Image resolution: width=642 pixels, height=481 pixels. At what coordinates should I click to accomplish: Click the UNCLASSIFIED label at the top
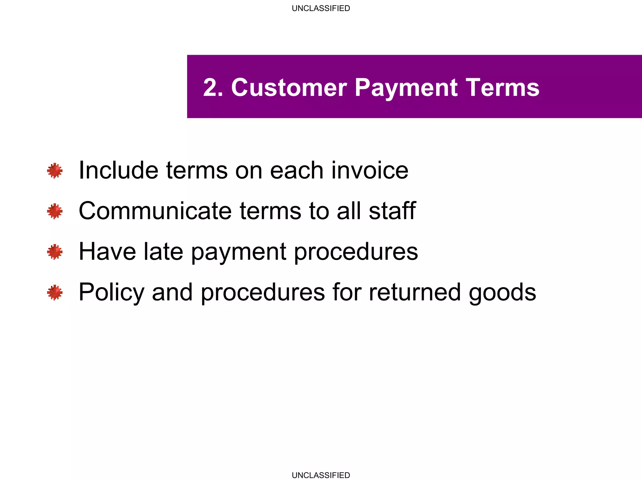pyautogui.click(x=321, y=8)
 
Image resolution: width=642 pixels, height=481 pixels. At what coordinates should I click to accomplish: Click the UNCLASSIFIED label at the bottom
pyautogui.click(x=321, y=475)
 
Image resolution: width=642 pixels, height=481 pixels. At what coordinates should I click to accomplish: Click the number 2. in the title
pyautogui.click(x=213, y=87)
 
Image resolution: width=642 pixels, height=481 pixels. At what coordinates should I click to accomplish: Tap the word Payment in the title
pyautogui.click(x=406, y=88)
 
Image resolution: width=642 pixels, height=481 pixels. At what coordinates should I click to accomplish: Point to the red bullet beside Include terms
pyautogui.click(x=55, y=171)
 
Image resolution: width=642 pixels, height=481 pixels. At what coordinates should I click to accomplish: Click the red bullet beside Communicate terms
pyautogui.click(x=55, y=211)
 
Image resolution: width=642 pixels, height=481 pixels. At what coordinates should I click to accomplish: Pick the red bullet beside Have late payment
pyautogui.click(x=55, y=252)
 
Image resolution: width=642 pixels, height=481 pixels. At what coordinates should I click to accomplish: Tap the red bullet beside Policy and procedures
pyautogui.click(x=55, y=292)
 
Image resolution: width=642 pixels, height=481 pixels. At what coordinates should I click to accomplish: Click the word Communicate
pyautogui.click(x=155, y=211)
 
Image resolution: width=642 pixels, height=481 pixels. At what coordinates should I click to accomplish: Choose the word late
pyautogui.click(x=163, y=251)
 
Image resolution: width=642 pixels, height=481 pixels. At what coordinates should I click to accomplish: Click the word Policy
pyautogui.click(x=111, y=293)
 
